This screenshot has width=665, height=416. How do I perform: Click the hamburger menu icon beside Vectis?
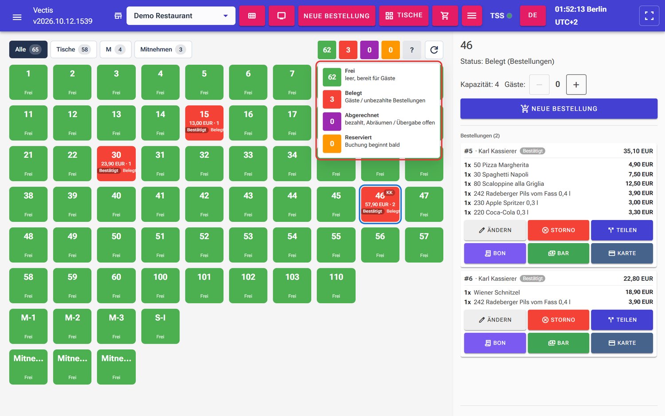coord(17,17)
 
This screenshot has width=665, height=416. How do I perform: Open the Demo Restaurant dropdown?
coord(181,16)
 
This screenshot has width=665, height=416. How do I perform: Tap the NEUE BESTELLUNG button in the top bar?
coord(336,16)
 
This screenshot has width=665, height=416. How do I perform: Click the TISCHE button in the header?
coord(404,16)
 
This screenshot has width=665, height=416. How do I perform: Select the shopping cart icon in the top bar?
coord(445,16)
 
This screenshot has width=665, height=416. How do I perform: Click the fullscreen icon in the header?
coord(649,16)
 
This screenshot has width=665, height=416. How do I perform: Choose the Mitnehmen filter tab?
coord(163,49)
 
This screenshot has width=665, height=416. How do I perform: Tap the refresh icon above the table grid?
coord(434,50)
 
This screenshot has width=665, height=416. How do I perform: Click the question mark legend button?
coord(412,50)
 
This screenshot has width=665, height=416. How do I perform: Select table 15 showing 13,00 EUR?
coord(204,123)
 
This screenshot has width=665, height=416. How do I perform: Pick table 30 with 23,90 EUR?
coord(116,163)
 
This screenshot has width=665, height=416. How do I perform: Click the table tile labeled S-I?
coord(160,326)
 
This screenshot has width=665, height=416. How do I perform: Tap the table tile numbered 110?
coord(336,285)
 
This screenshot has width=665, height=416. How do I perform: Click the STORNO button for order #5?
coord(559,230)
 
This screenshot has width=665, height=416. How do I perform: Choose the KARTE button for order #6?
coord(622,343)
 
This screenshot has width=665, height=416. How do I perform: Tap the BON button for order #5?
coord(495,253)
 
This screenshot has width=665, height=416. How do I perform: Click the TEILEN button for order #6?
coord(622,320)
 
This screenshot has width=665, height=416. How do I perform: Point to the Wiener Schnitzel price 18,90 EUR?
coord(639,292)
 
